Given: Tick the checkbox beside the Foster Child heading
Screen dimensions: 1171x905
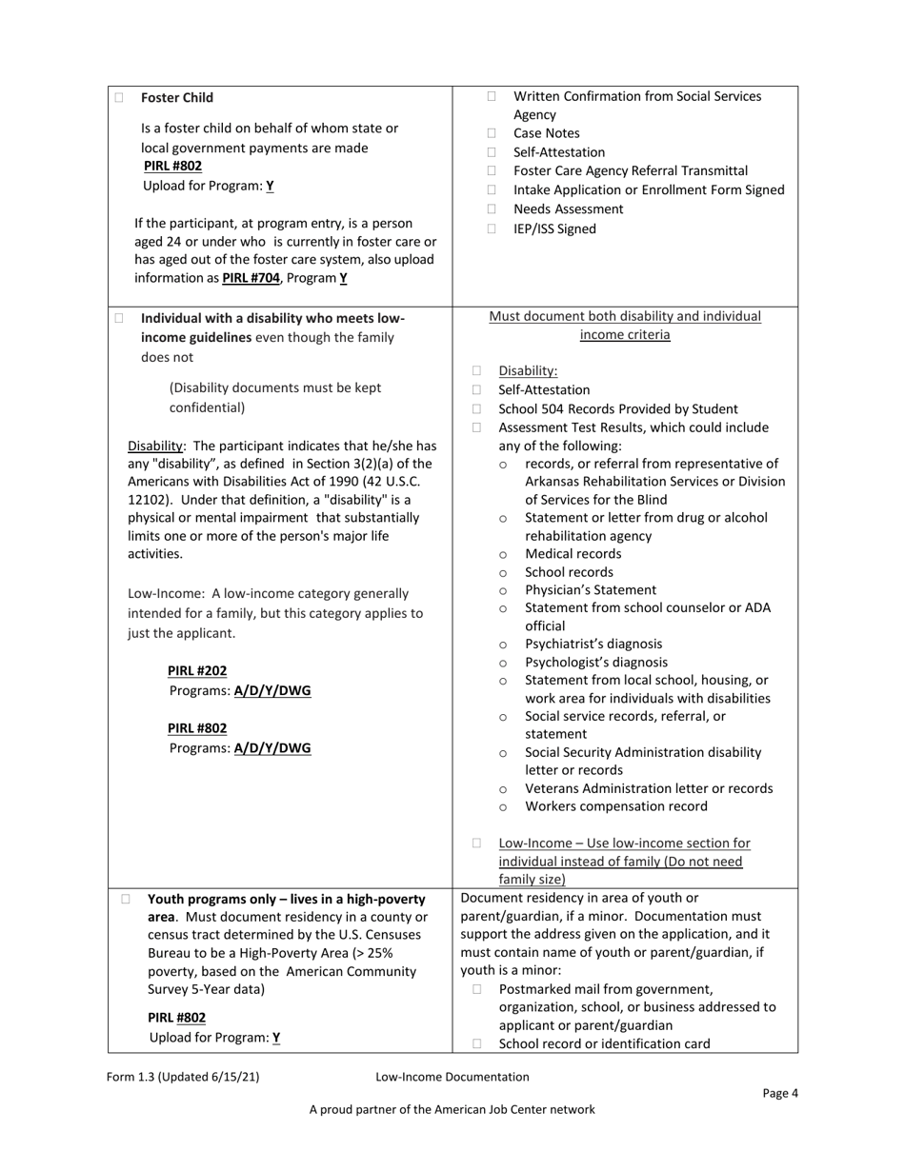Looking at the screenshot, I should click(x=119, y=98).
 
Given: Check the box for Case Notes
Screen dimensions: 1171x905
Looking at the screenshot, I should click(x=493, y=134).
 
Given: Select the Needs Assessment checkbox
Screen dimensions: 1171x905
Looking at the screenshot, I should click(x=493, y=209).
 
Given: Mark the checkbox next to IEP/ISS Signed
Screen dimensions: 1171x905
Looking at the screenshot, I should click(x=493, y=229).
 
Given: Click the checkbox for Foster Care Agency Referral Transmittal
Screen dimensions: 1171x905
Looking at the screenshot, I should click(x=493, y=171).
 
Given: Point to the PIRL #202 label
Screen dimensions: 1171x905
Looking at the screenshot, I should click(x=197, y=671).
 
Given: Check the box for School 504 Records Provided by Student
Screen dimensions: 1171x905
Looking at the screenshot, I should click(x=477, y=409).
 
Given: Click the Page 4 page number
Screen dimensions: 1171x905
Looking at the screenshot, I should click(x=780, y=1093).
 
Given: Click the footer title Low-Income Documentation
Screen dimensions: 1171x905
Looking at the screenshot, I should click(x=452, y=1077).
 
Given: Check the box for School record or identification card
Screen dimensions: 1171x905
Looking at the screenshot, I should click(x=477, y=1044).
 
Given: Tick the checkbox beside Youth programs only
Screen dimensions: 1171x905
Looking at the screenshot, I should click(x=126, y=899).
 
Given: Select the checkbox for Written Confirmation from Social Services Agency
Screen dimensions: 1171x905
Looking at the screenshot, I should click(x=493, y=97).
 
